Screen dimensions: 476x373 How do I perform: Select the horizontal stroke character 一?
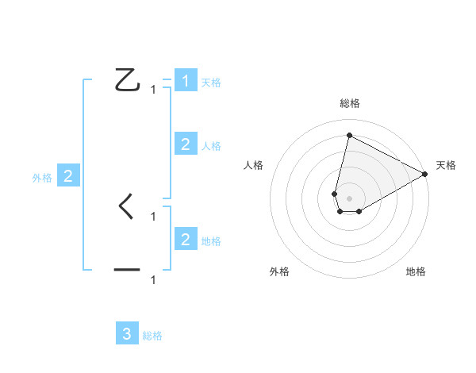click(x=127, y=271)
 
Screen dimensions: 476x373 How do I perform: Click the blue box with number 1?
click(x=186, y=81)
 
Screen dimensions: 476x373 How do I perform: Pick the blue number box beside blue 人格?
click(x=186, y=144)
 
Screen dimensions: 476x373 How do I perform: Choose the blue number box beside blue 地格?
click(x=186, y=239)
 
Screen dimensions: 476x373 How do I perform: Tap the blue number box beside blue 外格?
click(x=68, y=176)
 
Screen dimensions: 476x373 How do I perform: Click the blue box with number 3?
click(x=127, y=333)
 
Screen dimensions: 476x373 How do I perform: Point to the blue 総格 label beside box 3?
click(x=152, y=336)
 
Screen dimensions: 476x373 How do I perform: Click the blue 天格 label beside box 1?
click(x=211, y=83)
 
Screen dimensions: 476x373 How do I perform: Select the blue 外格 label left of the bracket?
click(x=42, y=178)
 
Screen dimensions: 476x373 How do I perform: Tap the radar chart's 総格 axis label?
click(x=349, y=103)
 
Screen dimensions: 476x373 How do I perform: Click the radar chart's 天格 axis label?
click(x=446, y=165)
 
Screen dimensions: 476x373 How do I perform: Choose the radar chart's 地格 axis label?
click(x=416, y=271)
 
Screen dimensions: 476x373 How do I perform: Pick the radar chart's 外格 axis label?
click(x=279, y=271)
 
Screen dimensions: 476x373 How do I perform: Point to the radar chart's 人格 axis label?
click(x=254, y=165)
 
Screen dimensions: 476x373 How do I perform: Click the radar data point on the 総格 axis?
click(x=349, y=135)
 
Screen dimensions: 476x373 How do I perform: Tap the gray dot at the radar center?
click(x=349, y=197)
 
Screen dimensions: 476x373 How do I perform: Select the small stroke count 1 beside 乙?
click(x=153, y=90)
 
